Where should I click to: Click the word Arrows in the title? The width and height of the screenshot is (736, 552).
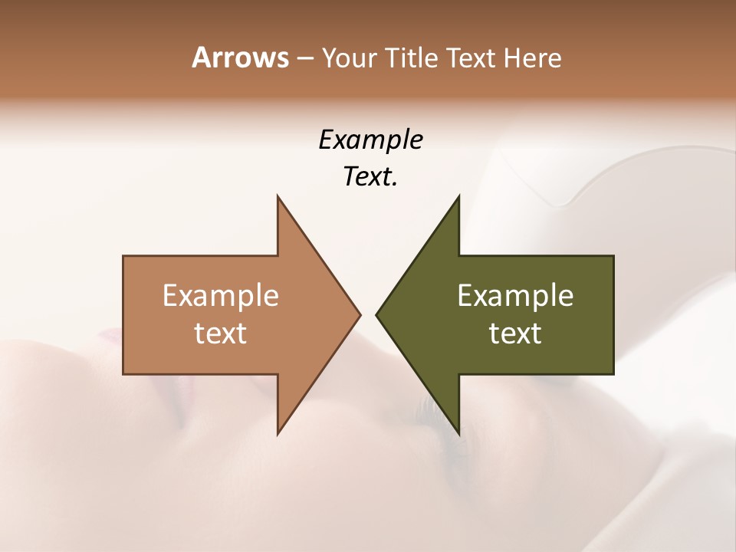(240, 58)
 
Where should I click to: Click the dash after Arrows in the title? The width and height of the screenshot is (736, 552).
(304, 59)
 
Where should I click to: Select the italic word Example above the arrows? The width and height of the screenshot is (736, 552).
(370, 140)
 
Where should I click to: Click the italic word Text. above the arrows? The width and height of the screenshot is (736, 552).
(370, 176)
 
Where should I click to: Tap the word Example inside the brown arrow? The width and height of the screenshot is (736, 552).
(221, 295)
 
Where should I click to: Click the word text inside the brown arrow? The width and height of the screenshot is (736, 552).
(221, 333)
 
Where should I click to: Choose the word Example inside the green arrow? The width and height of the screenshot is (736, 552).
(515, 295)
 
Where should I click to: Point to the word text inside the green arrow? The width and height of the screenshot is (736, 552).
(515, 333)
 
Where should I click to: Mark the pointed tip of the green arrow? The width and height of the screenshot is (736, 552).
(377, 314)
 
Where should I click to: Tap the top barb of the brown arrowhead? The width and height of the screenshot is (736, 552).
(278, 197)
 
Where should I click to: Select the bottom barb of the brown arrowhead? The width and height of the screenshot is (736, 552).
(278, 433)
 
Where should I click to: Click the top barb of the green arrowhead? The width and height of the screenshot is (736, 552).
(458, 197)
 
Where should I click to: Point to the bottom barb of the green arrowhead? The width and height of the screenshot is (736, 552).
(458, 433)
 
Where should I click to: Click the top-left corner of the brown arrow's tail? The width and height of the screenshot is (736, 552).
(124, 257)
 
